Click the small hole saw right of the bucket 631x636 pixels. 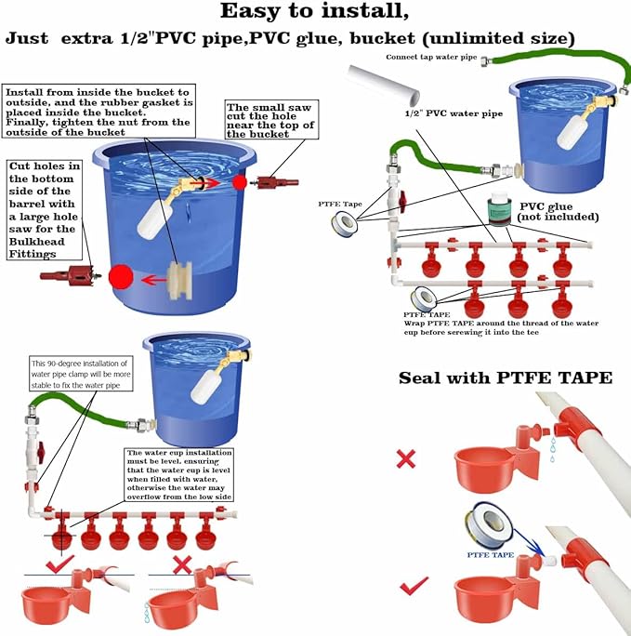click(279, 179)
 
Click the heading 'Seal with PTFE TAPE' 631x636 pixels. click(506, 378)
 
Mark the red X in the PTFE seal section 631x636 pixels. click(405, 458)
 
